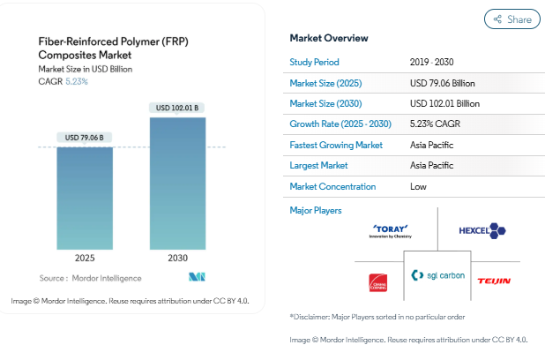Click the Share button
click(x=512, y=19)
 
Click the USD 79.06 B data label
click(x=85, y=138)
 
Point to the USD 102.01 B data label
click(x=177, y=109)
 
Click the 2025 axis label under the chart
click(x=85, y=259)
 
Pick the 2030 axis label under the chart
click(x=177, y=259)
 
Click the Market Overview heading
click(x=329, y=38)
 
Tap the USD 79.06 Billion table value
click(x=444, y=83)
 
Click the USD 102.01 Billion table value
click(x=446, y=104)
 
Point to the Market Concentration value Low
click(x=419, y=186)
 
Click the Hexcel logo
click(x=482, y=230)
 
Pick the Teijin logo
click(x=494, y=281)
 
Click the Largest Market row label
click(x=320, y=166)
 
